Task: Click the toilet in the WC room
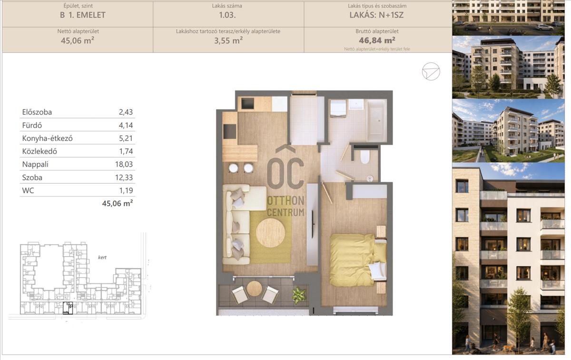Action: [365, 156]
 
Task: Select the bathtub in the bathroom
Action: [376, 120]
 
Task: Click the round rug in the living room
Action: [270, 233]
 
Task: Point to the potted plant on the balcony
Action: [299, 295]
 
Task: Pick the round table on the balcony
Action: [254, 289]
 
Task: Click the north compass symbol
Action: [431, 71]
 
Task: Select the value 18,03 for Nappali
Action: [124, 164]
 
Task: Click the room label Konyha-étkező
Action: [48, 138]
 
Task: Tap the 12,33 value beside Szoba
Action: [124, 177]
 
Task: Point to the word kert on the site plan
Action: [102, 258]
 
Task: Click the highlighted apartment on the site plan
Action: [68, 308]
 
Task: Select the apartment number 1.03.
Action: [227, 15]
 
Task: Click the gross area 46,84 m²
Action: [377, 40]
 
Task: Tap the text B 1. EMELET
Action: [83, 15]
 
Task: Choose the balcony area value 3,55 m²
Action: [228, 40]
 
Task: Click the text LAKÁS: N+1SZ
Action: [376, 15]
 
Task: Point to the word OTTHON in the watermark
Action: [285, 201]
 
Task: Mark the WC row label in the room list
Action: [28, 190]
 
